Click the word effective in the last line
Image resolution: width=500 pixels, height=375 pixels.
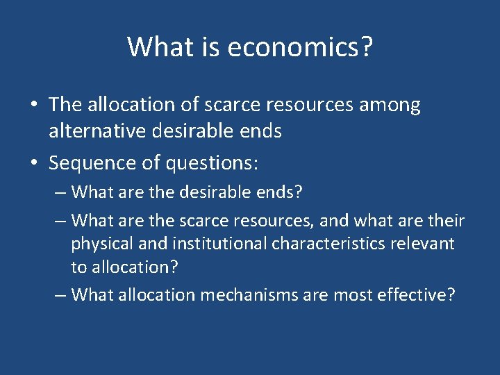[x=416, y=294]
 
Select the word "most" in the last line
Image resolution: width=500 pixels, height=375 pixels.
[x=353, y=294]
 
